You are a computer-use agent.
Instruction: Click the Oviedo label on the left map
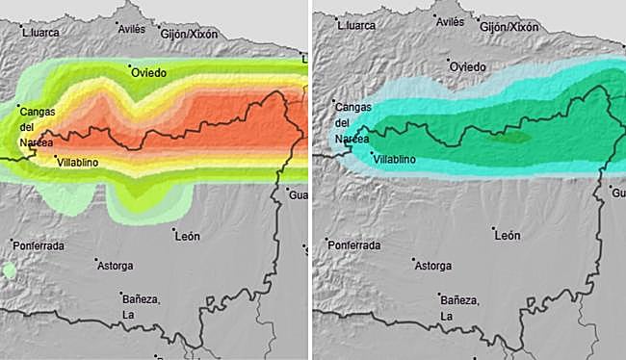[149, 72]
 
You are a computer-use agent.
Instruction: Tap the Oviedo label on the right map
[468, 66]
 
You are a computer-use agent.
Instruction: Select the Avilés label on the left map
[131, 28]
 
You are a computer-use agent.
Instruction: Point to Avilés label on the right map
[450, 22]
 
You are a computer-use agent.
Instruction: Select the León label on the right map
[507, 235]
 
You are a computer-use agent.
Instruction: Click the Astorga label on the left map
[115, 265]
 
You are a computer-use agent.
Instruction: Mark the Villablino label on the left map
[80, 163]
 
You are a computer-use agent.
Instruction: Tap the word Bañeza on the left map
[141, 300]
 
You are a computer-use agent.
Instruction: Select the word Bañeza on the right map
[459, 298]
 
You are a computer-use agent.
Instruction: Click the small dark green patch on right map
[509, 138]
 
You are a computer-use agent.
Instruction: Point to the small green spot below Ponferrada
[9, 271]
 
